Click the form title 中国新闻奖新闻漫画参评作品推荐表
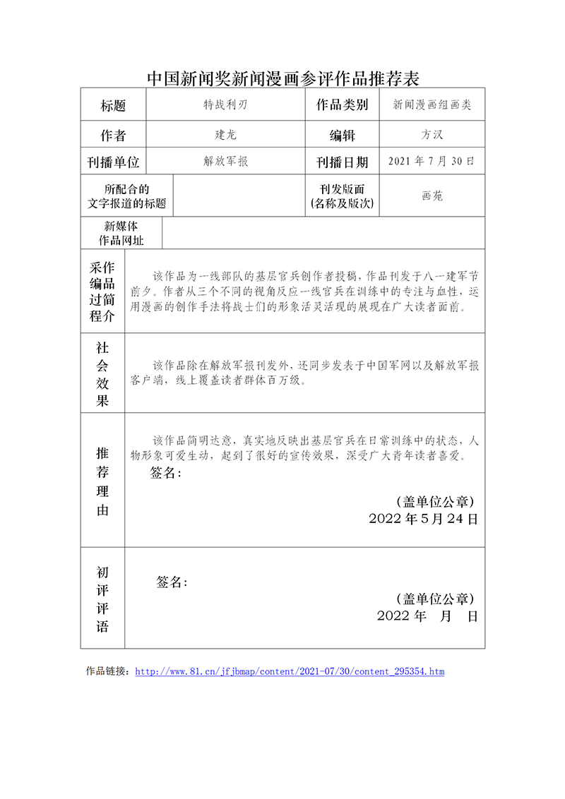pos(282,77)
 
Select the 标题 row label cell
pos(113,106)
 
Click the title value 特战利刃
pos(225,105)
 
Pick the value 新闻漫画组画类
pos(432,105)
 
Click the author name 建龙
pos(225,134)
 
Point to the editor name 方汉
pos(432,134)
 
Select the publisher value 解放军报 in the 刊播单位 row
pos(225,162)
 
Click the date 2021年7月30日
pos(432,161)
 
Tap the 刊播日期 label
pos(342,162)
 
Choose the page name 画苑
pos(432,196)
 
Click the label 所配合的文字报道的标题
pos(126,196)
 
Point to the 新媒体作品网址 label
pos(121,233)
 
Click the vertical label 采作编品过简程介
pos(102,292)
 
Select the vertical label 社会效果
pos(102,374)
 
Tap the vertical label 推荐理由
pos(102,481)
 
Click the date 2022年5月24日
pos(423,519)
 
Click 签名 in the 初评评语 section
pos(172,582)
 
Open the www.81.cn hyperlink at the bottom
pos(289,671)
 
